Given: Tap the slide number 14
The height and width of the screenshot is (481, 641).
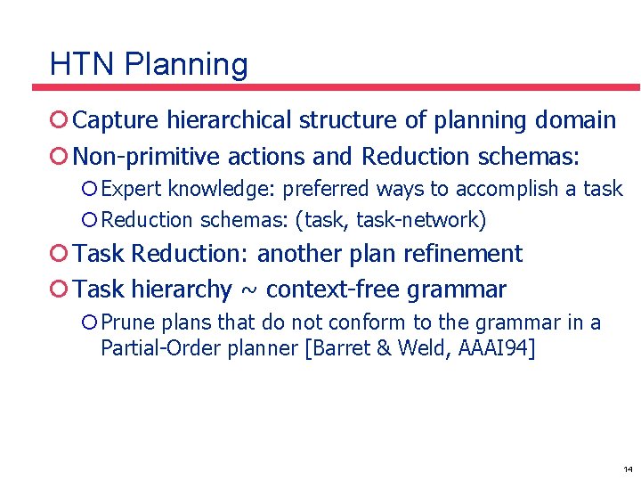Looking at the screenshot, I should (628, 469).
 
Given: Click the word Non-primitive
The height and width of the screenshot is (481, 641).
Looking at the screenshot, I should (146, 158).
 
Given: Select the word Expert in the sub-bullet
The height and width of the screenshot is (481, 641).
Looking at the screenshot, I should (132, 189).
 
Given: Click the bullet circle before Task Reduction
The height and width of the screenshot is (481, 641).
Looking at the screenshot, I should (59, 254).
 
